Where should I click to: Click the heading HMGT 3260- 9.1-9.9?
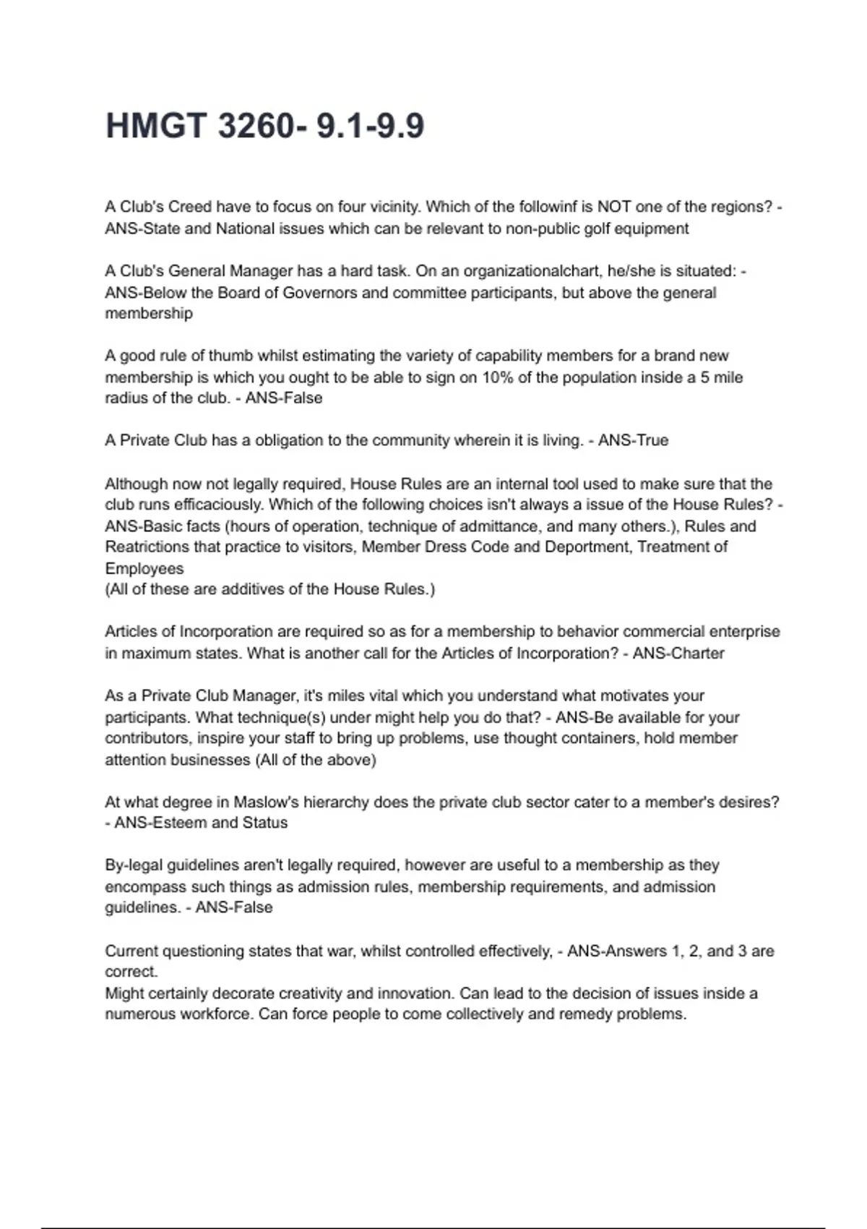264,126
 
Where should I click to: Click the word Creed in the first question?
190,207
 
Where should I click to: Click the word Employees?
144,568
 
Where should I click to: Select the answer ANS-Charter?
678,653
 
